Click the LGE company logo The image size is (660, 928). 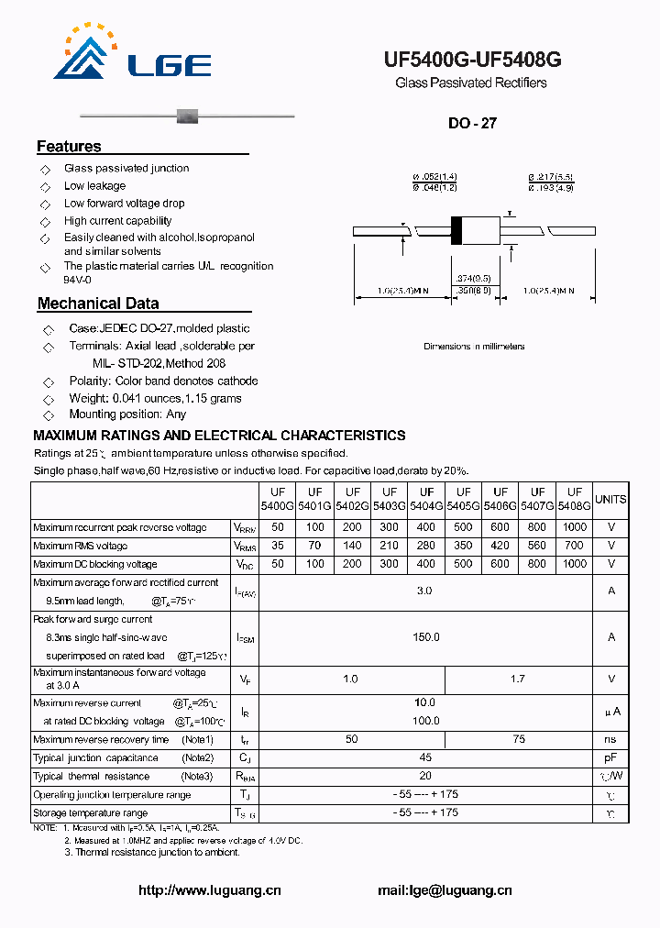click(x=133, y=55)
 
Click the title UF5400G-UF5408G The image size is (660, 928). click(x=472, y=61)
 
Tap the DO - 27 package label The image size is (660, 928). click(x=472, y=123)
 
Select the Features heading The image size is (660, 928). click(x=69, y=147)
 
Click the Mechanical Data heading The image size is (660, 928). click(x=98, y=304)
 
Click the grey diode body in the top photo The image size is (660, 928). click(x=187, y=116)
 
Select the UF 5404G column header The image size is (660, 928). click(x=426, y=499)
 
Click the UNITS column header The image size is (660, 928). click(x=610, y=500)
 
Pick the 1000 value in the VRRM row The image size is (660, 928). click(x=575, y=527)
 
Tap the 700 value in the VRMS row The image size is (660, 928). click(x=575, y=546)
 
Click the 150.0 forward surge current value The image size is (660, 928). click(x=425, y=636)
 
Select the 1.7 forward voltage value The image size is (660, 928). click(x=518, y=679)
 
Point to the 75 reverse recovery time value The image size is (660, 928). click(x=518, y=739)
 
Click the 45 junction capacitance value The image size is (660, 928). click(x=425, y=757)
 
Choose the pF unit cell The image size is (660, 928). click(x=610, y=757)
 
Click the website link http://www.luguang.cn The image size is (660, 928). click(x=209, y=889)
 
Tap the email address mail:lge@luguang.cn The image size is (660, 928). click(x=445, y=889)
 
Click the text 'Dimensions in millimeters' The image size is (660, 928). click(x=474, y=347)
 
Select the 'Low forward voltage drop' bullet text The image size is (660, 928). click(x=124, y=204)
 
